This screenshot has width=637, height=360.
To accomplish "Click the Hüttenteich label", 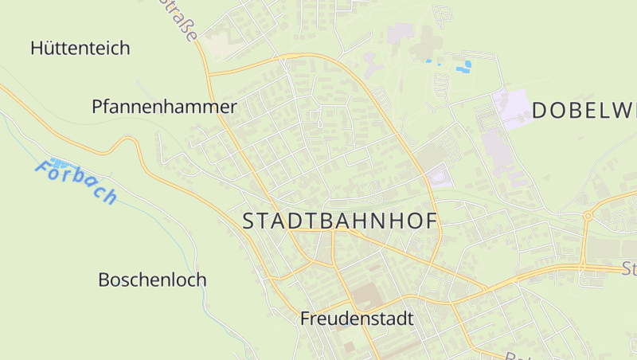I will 80,48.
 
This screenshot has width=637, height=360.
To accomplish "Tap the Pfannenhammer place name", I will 164,107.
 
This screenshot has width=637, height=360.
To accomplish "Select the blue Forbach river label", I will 76,182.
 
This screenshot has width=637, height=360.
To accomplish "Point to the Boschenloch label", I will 152,280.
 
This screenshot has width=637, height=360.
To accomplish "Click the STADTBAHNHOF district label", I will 340,221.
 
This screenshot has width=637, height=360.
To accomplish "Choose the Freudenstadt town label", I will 357,319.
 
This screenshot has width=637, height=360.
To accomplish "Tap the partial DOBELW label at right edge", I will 584,111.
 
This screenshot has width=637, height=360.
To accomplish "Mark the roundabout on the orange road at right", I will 588,216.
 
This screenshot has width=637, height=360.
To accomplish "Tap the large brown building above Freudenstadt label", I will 366,295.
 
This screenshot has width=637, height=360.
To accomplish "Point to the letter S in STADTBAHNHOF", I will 248,222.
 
